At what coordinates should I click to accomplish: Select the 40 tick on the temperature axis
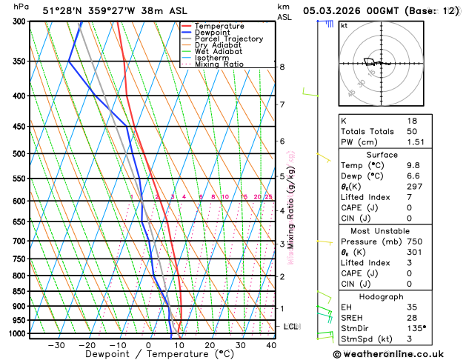(271, 345)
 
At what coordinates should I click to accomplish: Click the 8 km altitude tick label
(282, 67)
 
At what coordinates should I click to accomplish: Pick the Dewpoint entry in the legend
(212, 33)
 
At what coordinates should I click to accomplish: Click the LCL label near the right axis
(291, 326)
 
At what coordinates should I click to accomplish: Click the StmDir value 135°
(416, 327)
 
